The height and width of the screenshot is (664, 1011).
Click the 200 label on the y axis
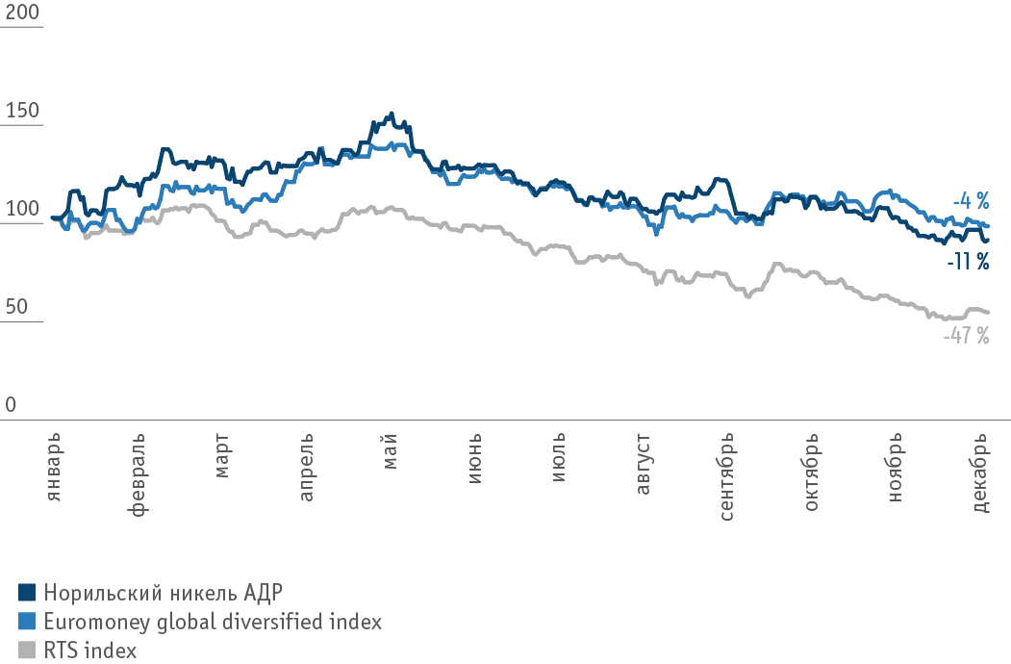23,13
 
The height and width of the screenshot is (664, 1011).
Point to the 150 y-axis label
23,112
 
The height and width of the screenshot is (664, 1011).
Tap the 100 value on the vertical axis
23,210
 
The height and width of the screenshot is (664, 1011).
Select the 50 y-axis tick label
17,308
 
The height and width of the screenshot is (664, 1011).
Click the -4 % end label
971,202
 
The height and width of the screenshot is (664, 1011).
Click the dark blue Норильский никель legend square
27,591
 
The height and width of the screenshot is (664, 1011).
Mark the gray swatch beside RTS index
27,651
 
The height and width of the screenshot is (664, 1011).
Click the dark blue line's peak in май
390,114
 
